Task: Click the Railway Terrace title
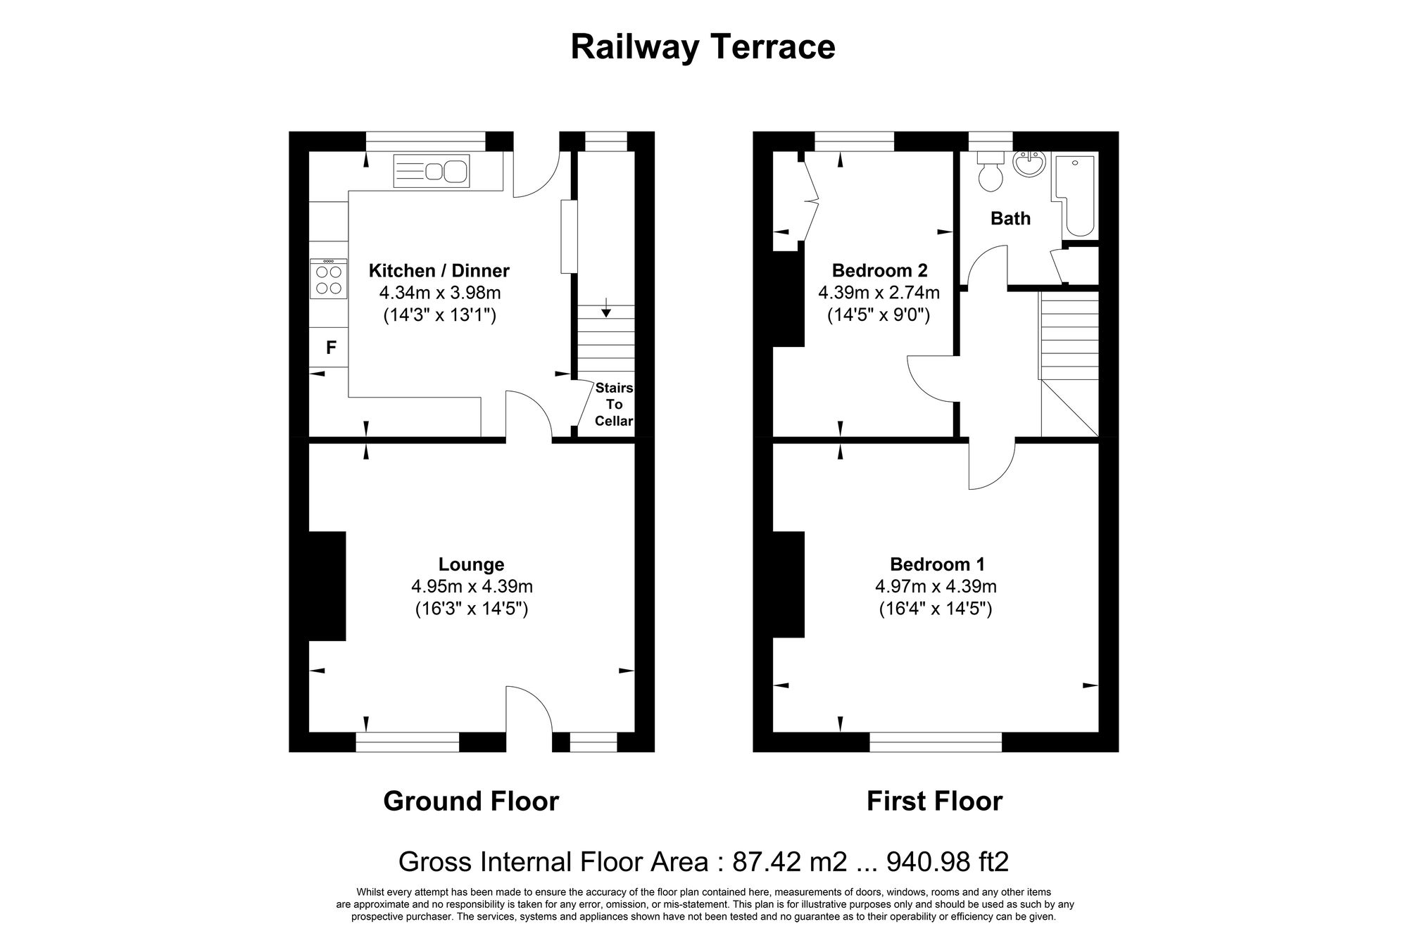[x=703, y=47]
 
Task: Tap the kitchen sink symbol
[x=431, y=171]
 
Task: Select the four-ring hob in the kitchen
[x=329, y=279]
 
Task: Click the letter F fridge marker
[x=331, y=348]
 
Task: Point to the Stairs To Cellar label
[x=614, y=405]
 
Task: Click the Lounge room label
[x=471, y=564]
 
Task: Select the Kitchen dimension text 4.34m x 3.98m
[x=440, y=293]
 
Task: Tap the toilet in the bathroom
[x=991, y=173]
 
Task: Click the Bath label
[x=1010, y=219]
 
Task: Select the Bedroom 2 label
[x=879, y=270]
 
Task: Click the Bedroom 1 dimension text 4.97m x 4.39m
[x=936, y=586]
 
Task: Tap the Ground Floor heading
[x=471, y=801]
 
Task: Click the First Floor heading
[x=934, y=801]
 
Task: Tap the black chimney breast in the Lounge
[x=327, y=585]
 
